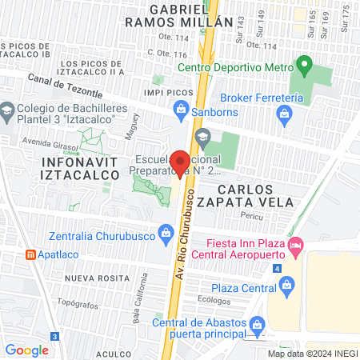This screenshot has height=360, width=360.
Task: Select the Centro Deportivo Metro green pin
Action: [303, 64]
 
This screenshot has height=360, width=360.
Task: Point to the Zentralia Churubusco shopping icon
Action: [166, 234]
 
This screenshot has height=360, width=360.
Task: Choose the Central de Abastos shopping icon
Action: [258, 324]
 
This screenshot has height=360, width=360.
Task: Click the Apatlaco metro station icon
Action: [30, 254]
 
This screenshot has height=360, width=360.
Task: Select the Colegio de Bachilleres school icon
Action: [7, 110]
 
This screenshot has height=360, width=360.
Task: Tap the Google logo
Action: [26, 350]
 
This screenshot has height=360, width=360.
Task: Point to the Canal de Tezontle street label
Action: [62, 82]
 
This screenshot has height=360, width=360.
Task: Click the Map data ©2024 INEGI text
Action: [312, 353]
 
